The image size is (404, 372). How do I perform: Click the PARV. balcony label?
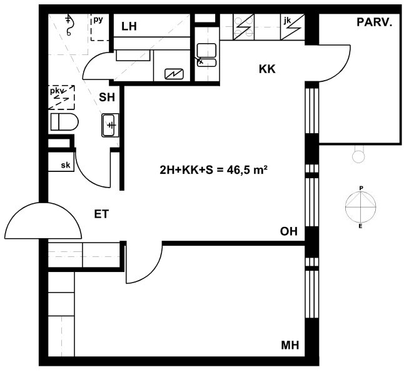click(375, 23)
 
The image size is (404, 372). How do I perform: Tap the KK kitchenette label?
click(267, 69)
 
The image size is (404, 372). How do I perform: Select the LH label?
click(129, 26)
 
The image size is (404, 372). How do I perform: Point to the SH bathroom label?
click(107, 98)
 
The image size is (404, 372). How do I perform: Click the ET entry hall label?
click(101, 214)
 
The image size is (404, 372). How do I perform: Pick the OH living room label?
click(289, 231)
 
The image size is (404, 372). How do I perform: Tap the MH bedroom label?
click(290, 345)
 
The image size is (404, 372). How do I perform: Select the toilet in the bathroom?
click(64, 122)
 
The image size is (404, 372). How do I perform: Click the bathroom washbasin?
click(110, 125)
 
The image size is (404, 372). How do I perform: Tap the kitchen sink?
click(206, 55)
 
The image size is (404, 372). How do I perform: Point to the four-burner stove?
click(243, 27)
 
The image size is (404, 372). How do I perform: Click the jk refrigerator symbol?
click(293, 27)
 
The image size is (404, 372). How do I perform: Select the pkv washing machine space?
click(61, 98)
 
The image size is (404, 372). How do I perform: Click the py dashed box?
click(101, 28)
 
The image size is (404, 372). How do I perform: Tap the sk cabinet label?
click(66, 165)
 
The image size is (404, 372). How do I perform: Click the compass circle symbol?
click(360, 207)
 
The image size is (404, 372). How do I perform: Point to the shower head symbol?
click(69, 25)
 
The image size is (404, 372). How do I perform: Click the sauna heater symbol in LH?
click(174, 74)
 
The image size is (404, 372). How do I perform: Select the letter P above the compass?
click(361, 188)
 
